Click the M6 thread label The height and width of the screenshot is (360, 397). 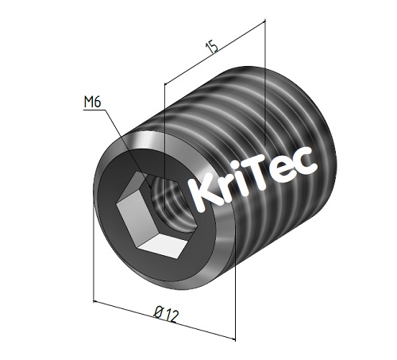(x=94, y=102)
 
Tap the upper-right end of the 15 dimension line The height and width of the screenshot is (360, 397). (x=263, y=24)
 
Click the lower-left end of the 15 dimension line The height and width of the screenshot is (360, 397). (x=164, y=82)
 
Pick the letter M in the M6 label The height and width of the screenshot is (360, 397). (x=88, y=102)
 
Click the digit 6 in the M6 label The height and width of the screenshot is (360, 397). (x=99, y=102)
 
